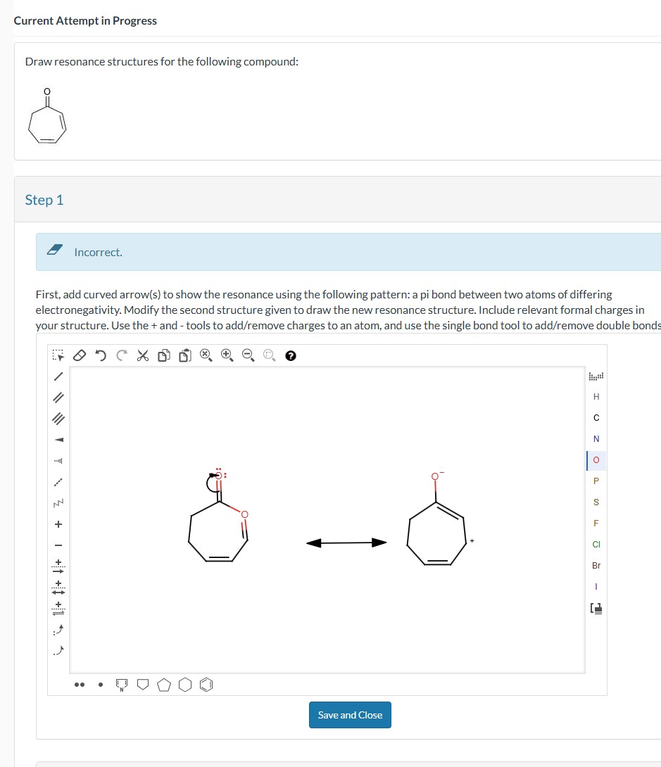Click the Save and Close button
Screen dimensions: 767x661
tap(350, 715)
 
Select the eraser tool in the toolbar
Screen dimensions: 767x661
tap(80, 355)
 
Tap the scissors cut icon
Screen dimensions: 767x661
tap(143, 355)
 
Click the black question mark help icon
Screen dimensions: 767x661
tap(290, 356)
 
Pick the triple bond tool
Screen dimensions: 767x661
tap(59, 419)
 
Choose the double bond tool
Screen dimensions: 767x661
tap(59, 398)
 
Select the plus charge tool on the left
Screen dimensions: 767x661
tap(59, 524)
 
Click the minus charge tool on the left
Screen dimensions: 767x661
tap(59, 545)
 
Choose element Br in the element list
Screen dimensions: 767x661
tap(596, 565)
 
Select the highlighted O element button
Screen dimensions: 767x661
tap(596, 460)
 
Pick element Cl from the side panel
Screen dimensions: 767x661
tap(596, 544)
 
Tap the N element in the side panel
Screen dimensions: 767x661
tap(596, 439)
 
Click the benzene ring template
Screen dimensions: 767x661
tap(208, 684)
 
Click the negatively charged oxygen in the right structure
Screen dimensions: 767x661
tap(435, 477)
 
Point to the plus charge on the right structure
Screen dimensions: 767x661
tap(472, 540)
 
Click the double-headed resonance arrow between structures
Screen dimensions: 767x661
tap(346, 543)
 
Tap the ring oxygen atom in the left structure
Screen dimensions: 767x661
tap(244, 514)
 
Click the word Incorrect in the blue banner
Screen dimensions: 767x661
tap(98, 252)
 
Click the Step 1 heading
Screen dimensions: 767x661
tap(44, 200)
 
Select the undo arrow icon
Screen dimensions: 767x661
tap(101, 355)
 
